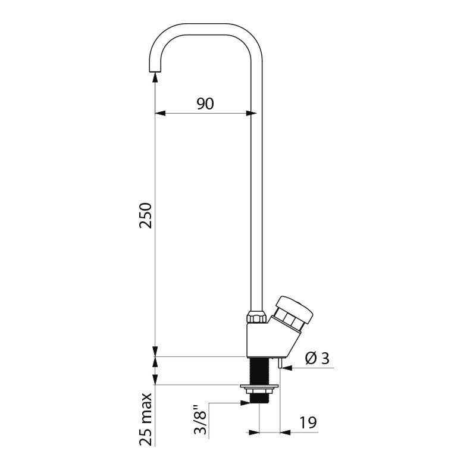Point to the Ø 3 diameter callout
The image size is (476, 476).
[317, 358]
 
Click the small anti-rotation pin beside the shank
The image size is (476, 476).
[279, 364]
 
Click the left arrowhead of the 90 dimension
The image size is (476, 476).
[158, 112]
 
